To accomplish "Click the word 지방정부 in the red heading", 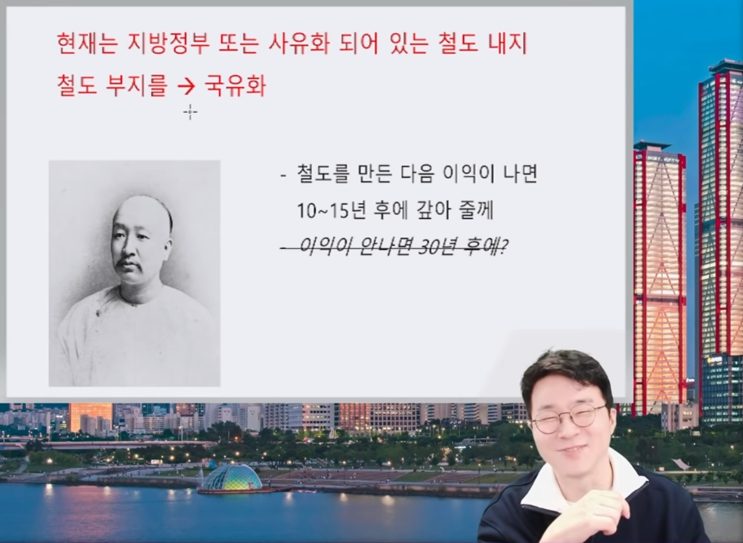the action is point(168,43).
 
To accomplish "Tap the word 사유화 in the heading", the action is point(298,43).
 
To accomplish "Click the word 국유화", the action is point(235,85).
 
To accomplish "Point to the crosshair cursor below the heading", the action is point(190,112).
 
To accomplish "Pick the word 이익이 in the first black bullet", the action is point(467,173).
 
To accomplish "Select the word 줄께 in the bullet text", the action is point(477,211).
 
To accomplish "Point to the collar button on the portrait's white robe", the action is point(98,313).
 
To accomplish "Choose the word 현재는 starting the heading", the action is point(87,43).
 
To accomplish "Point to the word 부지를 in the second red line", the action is point(136,85).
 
